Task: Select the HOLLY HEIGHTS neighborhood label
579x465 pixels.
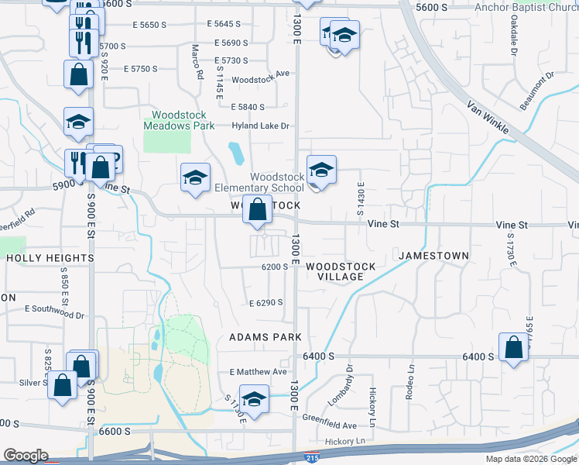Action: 50,258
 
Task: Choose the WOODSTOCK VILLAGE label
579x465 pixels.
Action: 341,271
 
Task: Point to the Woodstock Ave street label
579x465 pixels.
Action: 259,80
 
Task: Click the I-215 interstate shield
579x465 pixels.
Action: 312,458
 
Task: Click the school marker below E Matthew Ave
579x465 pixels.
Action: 253,399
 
